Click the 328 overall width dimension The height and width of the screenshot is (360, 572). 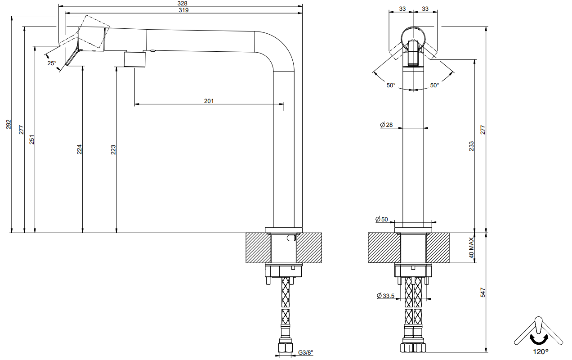point(182,3)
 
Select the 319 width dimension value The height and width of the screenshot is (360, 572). point(183,10)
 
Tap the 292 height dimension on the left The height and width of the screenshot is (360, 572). point(9,124)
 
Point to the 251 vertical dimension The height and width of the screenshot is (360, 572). point(31,139)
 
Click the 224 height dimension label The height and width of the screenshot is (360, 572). point(80,149)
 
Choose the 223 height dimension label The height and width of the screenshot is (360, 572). point(113,150)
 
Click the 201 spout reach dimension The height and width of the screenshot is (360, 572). point(209,101)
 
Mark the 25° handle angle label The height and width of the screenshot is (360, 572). point(52,63)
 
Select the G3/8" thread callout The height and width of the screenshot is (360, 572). point(306,353)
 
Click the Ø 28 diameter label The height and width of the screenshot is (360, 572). point(386,125)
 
